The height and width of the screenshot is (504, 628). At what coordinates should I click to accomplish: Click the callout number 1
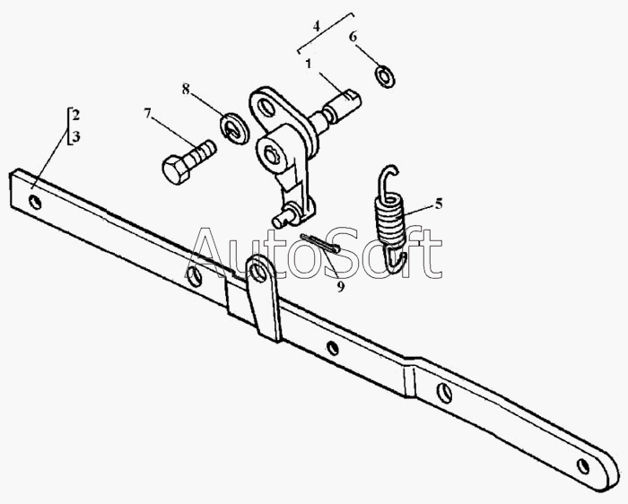pos(309,64)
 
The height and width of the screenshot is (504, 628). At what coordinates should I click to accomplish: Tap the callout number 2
pos(76,116)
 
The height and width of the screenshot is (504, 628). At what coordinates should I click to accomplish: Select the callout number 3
pos(76,137)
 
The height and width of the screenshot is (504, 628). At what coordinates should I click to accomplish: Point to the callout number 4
pos(317,27)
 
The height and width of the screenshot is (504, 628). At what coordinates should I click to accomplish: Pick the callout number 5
pos(439,204)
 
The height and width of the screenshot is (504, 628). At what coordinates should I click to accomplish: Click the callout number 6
pos(353,37)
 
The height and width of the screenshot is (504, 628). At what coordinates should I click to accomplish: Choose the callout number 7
pos(148,114)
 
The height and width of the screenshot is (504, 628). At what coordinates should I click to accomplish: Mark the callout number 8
pos(186,90)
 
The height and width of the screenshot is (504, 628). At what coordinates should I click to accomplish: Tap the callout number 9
pos(340,287)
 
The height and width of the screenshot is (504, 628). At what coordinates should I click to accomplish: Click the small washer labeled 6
pos(385,77)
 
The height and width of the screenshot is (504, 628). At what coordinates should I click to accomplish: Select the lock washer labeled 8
pos(234,128)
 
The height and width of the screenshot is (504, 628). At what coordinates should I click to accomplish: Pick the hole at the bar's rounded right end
pos(583,466)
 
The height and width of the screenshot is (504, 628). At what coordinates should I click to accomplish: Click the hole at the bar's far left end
pos(35,202)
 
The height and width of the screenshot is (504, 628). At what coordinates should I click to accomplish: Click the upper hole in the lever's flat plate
pos(265,107)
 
